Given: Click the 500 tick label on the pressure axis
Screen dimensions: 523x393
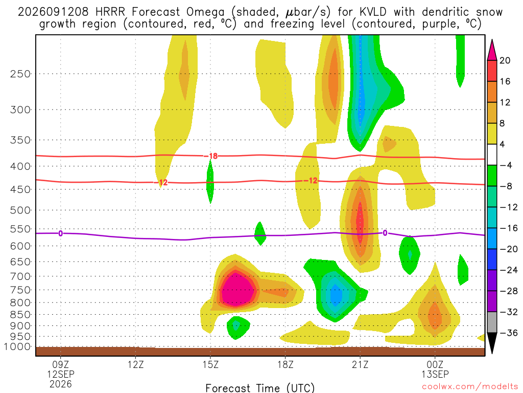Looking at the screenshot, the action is pos(20,210).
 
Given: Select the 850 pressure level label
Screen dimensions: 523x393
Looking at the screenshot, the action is pos(20,315).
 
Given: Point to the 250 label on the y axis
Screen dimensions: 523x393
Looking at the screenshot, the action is pos(20,74).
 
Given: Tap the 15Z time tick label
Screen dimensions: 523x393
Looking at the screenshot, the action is pos(210,364).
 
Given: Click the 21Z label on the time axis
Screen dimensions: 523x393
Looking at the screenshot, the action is pos(360,364).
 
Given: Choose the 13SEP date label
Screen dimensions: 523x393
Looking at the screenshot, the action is pos(435,374).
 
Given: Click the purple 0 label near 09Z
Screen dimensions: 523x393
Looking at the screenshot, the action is pos(60,233).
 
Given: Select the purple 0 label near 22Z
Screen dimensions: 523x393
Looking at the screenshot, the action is pos(385,233).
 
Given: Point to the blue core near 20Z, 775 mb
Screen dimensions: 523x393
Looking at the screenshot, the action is pos(336,294).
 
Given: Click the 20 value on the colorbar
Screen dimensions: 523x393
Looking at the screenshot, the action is pos(505,60).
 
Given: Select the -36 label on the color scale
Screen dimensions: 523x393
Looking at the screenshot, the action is pos(508,333).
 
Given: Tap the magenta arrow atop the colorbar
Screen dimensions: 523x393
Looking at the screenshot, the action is pos(492,50).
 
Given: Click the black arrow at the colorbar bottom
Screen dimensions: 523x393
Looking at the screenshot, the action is pos(492,343).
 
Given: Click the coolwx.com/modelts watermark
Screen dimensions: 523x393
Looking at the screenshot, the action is pos(470,387).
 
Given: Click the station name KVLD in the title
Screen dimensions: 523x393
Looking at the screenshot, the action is pos(373,12).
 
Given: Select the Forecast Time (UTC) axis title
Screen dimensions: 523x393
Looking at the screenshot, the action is pos(260,388).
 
